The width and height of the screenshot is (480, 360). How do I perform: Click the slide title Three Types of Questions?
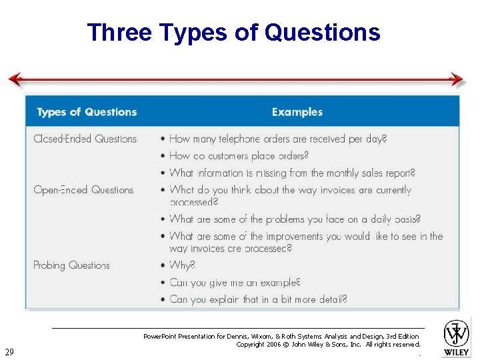(233, 32)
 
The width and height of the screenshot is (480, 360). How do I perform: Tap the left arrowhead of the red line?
(15, 80)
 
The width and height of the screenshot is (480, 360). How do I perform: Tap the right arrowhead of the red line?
(457, 80)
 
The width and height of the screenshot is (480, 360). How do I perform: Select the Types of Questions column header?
(87, 112)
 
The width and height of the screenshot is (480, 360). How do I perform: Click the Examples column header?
(297, 112)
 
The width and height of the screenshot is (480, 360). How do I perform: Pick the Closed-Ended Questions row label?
(85, 139)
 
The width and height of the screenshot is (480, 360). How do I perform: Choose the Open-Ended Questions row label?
(83, 190)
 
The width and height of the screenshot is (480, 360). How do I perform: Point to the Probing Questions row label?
(71, 265)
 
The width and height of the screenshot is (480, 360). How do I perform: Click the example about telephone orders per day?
(277, 139)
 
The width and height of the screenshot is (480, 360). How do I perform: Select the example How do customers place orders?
(239, 156)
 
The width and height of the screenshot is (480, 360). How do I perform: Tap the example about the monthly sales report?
(292, 173)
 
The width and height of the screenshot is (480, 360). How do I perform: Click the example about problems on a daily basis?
(295, 219)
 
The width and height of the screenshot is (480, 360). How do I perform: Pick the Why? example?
(182, 265)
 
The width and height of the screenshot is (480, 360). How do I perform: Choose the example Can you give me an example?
(235, 283)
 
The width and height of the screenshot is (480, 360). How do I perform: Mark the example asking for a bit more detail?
(258, 299)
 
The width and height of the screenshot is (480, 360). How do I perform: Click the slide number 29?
(9, 351)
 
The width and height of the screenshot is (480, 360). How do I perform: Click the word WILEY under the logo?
(457, 351)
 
